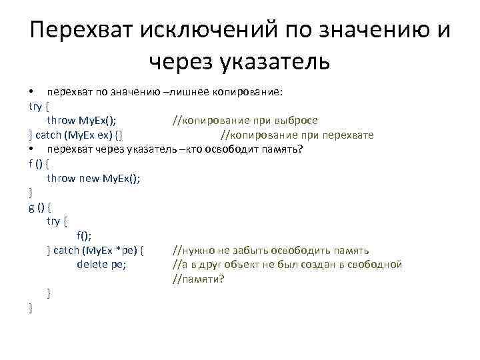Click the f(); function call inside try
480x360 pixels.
click(84, 235)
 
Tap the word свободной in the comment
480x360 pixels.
click(377, 265)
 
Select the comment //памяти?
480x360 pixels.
click(199, 279)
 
